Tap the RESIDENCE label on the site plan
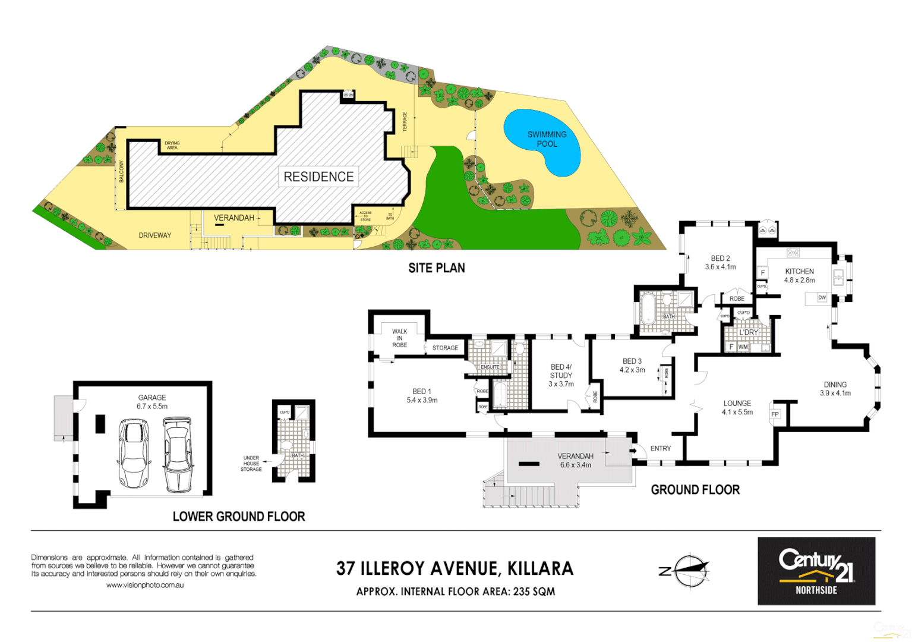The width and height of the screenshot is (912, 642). tap(318, 177)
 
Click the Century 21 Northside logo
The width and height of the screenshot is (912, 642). tap(816, 571)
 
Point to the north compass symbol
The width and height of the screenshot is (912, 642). tap(689, 571)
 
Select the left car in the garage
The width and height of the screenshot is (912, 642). tap(134, 453)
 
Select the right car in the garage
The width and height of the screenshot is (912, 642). tap(178, 454)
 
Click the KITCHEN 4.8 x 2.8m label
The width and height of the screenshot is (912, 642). tap(799, 275)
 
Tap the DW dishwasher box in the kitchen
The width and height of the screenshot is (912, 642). tap(822, 297)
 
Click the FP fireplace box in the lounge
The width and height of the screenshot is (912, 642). tap(775, 414)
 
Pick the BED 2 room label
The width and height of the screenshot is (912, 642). tap(720, 262)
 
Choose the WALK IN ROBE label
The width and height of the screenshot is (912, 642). tap(399, 338)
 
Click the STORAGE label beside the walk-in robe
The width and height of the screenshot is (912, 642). tap(445, 348)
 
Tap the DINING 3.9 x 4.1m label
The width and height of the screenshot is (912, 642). tap(835, 389)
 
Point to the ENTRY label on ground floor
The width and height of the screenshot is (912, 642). tap(660, 448)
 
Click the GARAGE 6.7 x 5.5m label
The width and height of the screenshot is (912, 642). tap(152, 402)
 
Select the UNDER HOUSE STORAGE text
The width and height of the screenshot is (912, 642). tap(251, 464)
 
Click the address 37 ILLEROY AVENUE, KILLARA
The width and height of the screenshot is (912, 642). tap(455, 569)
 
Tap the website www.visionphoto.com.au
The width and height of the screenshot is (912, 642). tap(145, 585)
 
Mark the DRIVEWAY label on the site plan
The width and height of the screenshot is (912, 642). tap(154, 235)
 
